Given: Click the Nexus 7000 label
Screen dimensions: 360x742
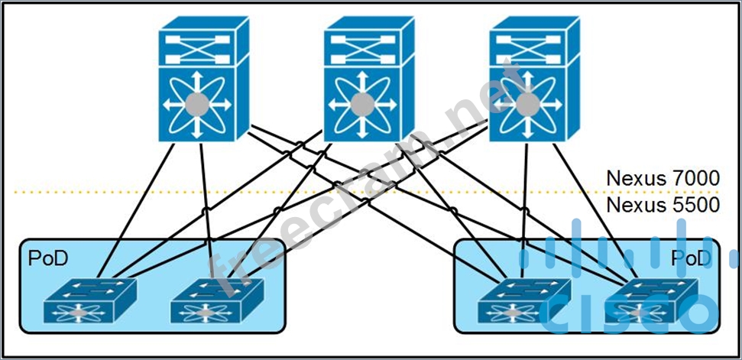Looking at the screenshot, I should tap(662, 178).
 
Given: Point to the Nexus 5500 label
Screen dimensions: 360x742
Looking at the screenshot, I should tap(662, 205).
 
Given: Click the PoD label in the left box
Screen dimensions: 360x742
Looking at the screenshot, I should tap(47, 258).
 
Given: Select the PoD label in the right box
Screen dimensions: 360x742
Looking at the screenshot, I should tap(691, 258).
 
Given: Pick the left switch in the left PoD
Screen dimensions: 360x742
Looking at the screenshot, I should tap(89, 300).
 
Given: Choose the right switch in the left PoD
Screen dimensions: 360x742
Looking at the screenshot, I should tap(216, 300).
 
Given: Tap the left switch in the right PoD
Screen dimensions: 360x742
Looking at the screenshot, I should tap(523, 300).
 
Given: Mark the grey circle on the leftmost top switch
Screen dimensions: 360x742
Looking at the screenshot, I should tap(198, 103).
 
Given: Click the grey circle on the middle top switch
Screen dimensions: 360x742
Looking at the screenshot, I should tap(362, 103).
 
